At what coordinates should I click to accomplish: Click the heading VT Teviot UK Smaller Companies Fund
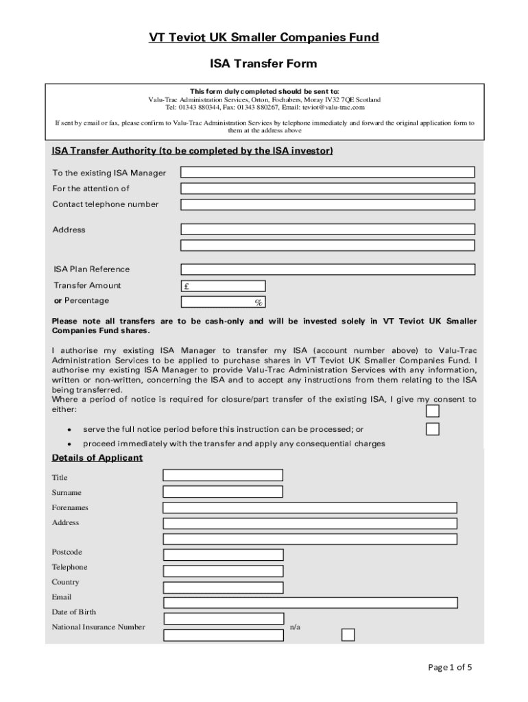point(264,38)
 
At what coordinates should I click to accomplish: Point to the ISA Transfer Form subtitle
point(264,64)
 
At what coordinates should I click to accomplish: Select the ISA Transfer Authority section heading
point(193,151)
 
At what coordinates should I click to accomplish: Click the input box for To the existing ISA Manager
point(327,172)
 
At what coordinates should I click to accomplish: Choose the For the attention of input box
point(327,188)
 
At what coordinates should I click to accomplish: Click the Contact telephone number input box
point(327,204)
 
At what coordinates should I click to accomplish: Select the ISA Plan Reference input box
point(327,269)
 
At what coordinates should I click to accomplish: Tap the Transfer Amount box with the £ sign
point(223,286)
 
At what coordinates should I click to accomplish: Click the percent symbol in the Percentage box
point(259,302)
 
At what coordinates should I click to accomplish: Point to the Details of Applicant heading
point(97,458)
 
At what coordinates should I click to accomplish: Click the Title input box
point(223,475)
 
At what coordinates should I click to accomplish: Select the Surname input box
point(223,492)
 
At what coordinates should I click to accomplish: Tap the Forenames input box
point(310,508)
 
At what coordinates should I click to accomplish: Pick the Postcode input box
point(223,555)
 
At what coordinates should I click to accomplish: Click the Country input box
point(223,586)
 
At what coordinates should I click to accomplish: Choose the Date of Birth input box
point(223,618)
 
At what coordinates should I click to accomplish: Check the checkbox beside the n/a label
point(348,634)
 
